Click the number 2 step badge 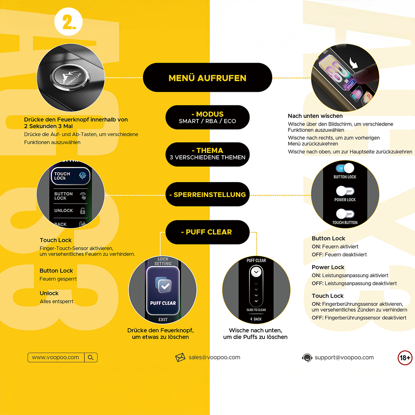pyautogui.click(x=68, y=22)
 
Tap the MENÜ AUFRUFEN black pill pyautogui.click(x=207, y=78)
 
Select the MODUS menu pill pyautogui.click(x=207, y=117)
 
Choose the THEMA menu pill pyautogui.click(x=207, y=154)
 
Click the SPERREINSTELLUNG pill pyautogui.click(x=207, y=194)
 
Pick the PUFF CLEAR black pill pyautogui.click(x=207, y=232)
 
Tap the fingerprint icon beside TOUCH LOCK pyautogui.click(x=83, y=176)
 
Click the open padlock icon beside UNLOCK pyautogui.click(x=83, y=211)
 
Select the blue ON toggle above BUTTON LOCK pyautogui.click(x=345, y=168)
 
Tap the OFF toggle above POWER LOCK pyautogui.click(x=345, y=191)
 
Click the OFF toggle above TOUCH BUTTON pyautogui.click(x=345, y=214)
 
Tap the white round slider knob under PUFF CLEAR pyautogui.click(x=256, y=272)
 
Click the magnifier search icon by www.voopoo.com pyautogui.click(x=91, y=358)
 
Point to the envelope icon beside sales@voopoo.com pyautogui.click(x=180, y=357)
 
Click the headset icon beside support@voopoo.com pyautogui.click(x=307, y=358)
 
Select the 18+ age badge pyautogui.click(x=405, y=358)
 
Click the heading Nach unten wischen pyautogui.click(x=315, y=116)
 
